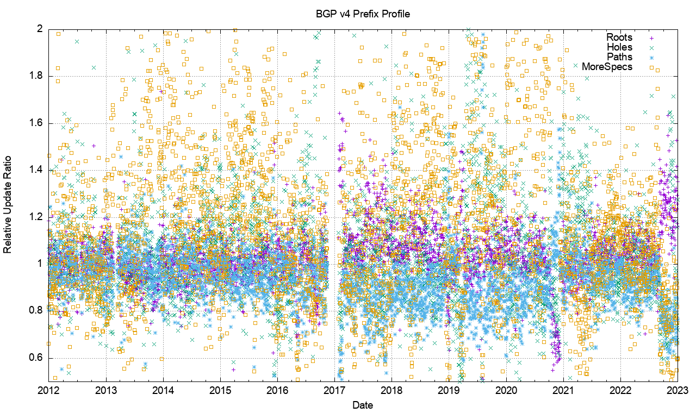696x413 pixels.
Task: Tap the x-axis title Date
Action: (362, 404)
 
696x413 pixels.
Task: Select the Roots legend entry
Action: (619, 37)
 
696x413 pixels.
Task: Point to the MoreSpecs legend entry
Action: (607, 67)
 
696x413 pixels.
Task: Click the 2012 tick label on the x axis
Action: (48, 390)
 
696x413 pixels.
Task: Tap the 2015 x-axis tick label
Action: (220, 390)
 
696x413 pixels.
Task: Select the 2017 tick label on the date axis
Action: (335, 390)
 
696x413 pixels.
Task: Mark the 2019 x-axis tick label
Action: (449, 390)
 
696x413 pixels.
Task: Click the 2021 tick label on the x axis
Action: (564, 390)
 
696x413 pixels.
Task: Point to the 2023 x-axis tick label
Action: (678, 390)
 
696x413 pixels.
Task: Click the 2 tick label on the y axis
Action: (40, 28)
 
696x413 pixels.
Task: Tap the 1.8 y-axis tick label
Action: (36, 76)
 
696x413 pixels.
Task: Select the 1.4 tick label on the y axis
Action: (36, 170)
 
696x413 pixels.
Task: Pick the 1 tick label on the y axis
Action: (40, 264)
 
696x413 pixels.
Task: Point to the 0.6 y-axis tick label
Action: (36, 358)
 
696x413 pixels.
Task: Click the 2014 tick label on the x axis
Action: (163, 390)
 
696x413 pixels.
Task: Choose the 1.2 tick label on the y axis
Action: (36, 217)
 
